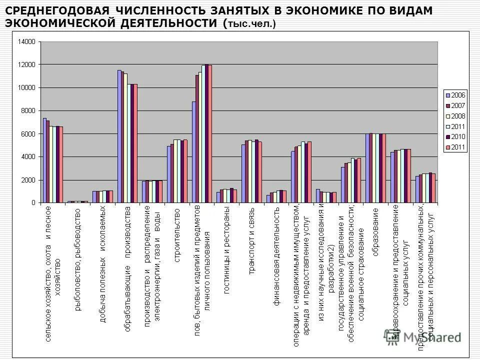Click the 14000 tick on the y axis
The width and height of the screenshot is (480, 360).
(27, 42)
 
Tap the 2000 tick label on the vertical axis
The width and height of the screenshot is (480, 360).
(28, 180)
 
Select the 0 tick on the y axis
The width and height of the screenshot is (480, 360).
(33, 203)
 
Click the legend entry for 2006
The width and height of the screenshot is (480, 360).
(458, 94)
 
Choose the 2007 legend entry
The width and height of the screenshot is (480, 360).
(458, 105)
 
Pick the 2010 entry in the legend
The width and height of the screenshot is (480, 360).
(458, 136)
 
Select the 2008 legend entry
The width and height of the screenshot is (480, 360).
(458, 115)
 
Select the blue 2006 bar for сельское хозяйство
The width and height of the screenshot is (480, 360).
(44, 160)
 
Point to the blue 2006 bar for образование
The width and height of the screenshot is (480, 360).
(367, 168)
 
